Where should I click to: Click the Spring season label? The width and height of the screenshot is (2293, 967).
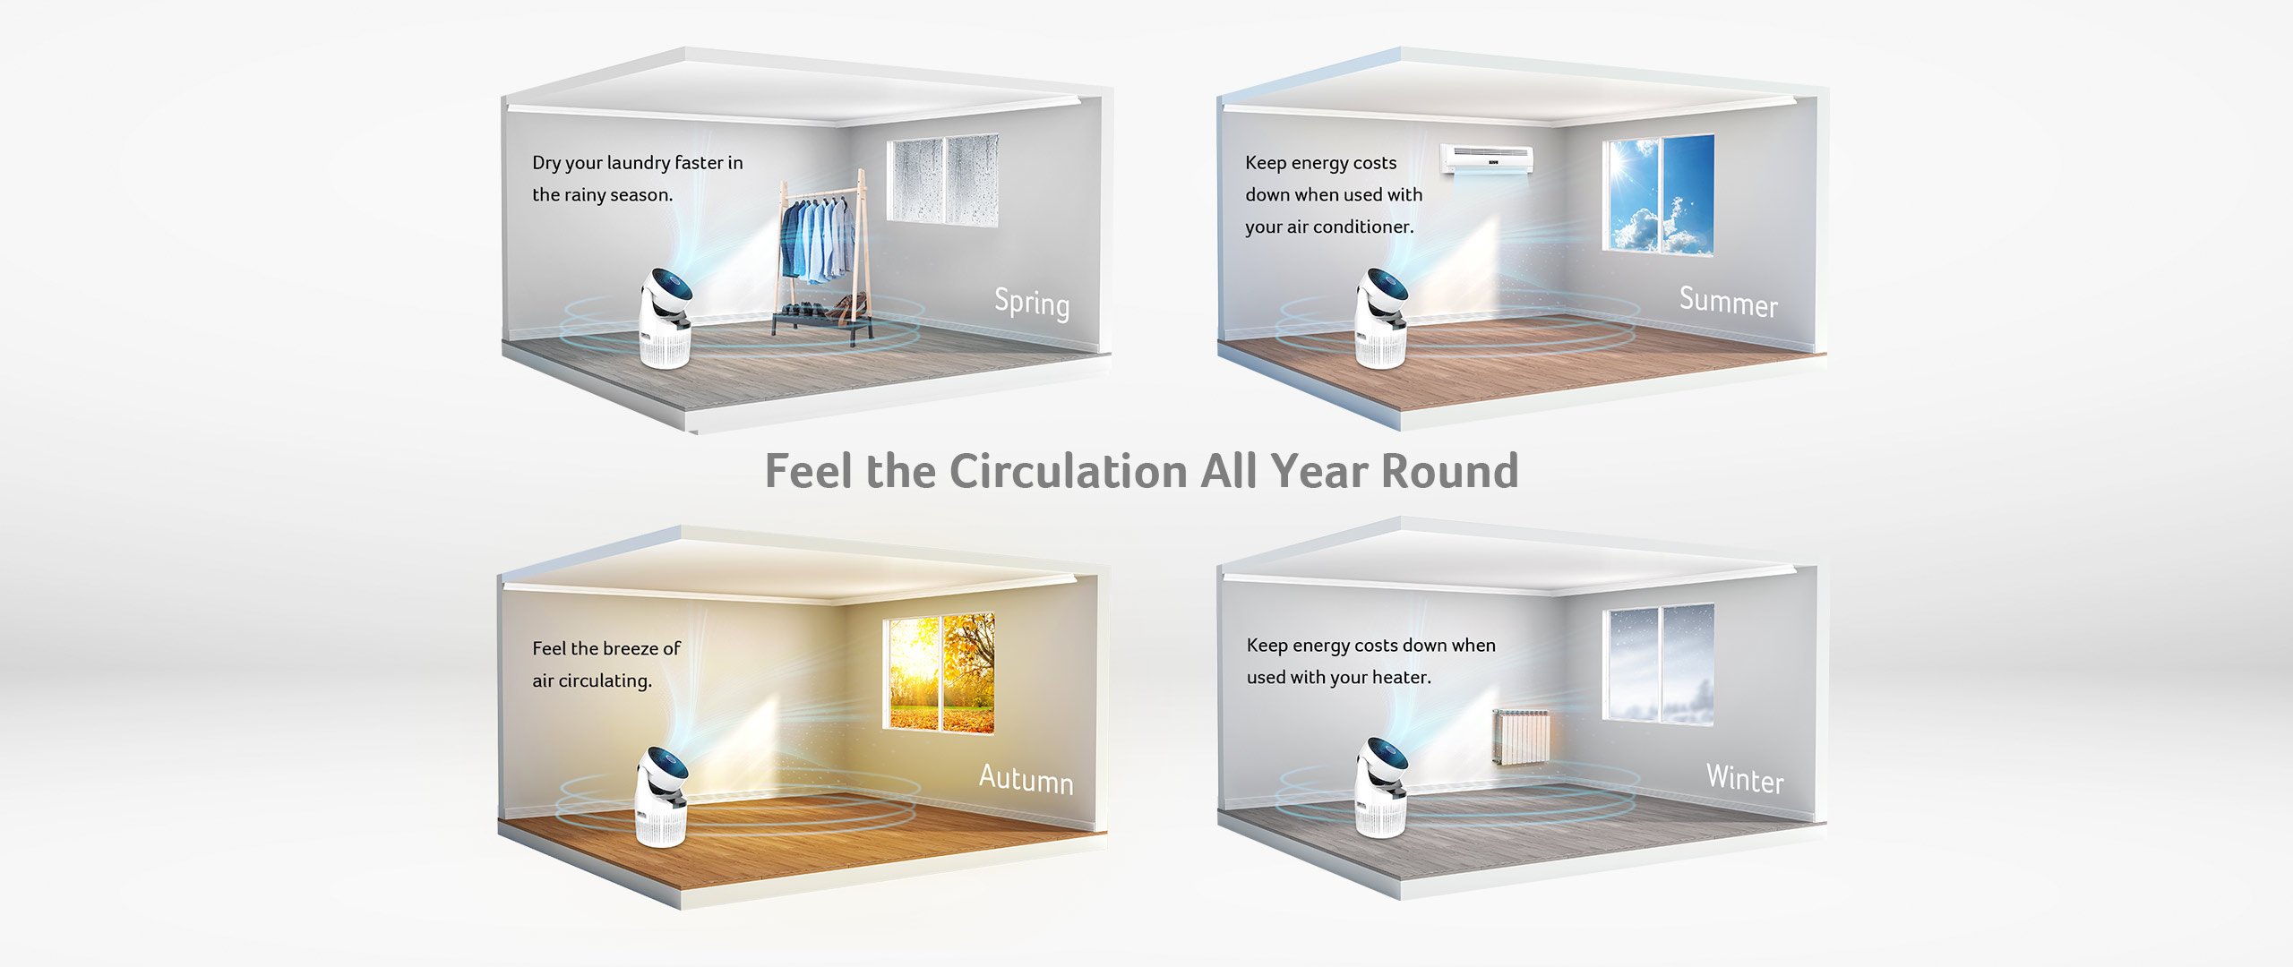pyautogui.click(x=1032, y=303)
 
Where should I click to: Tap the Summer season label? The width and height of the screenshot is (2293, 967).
pyautogui.click(x=1729, y=302)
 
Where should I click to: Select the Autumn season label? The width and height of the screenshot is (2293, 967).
pyautogui.click(x=1026, y=778)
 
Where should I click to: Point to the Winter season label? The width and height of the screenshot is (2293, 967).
pyautogui.click(x=1745, y=778)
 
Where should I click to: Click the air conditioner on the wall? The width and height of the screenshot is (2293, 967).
pyautogui.click(x=1486, y=159)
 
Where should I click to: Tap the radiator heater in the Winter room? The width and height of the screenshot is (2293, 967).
pyautogui.click(x=1520, y=737)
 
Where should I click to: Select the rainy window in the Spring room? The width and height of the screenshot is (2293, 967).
pyautogui.click(x=942, y=179)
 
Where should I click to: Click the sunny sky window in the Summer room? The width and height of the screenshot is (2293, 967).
pyautogui.click(x=1658, y=194)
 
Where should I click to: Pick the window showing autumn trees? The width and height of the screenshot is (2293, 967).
pyautogui.click(x=938, y=672)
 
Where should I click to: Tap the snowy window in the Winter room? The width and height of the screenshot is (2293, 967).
pyautogui.click(x=1658, y=663)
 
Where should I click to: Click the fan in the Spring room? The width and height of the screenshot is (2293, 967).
pyautogui.click(x=666, y=319)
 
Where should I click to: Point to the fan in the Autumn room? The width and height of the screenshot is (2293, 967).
pyautogui.click(x=661, y=797)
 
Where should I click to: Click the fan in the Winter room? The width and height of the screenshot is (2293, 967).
pyautogui.click(x=1380, y=788)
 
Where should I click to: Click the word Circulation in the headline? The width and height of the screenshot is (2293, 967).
pyautogui.click(x=1068, y=471)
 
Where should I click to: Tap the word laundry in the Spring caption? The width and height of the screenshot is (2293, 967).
pyautogui.click(x=638, y=163)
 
